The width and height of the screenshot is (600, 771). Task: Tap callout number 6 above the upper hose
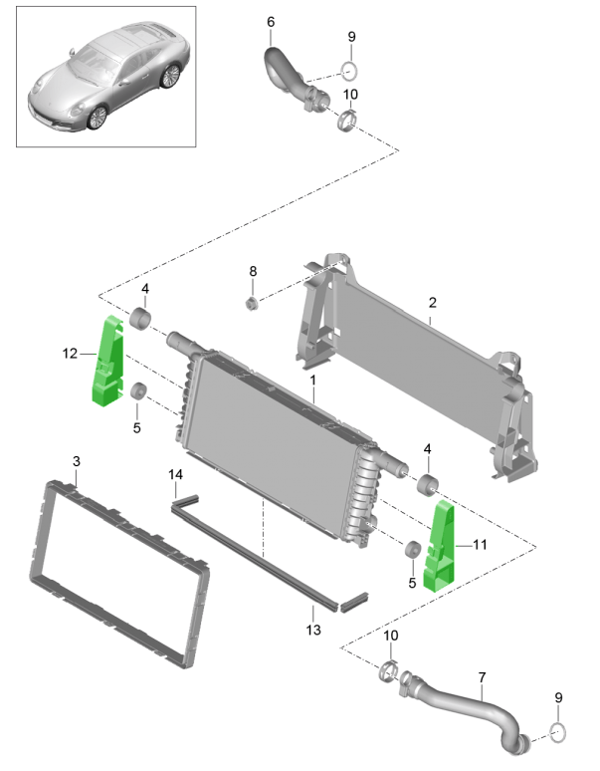[272, 21]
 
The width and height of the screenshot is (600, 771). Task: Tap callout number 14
[175, 474]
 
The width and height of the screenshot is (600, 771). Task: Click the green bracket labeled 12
[107, 364]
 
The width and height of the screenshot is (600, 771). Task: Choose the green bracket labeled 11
[441, 548]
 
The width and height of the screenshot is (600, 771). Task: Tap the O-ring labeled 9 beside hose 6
[350, 72]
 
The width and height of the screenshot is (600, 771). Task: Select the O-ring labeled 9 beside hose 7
[558, 735]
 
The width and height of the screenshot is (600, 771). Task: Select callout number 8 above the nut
[253, 271]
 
